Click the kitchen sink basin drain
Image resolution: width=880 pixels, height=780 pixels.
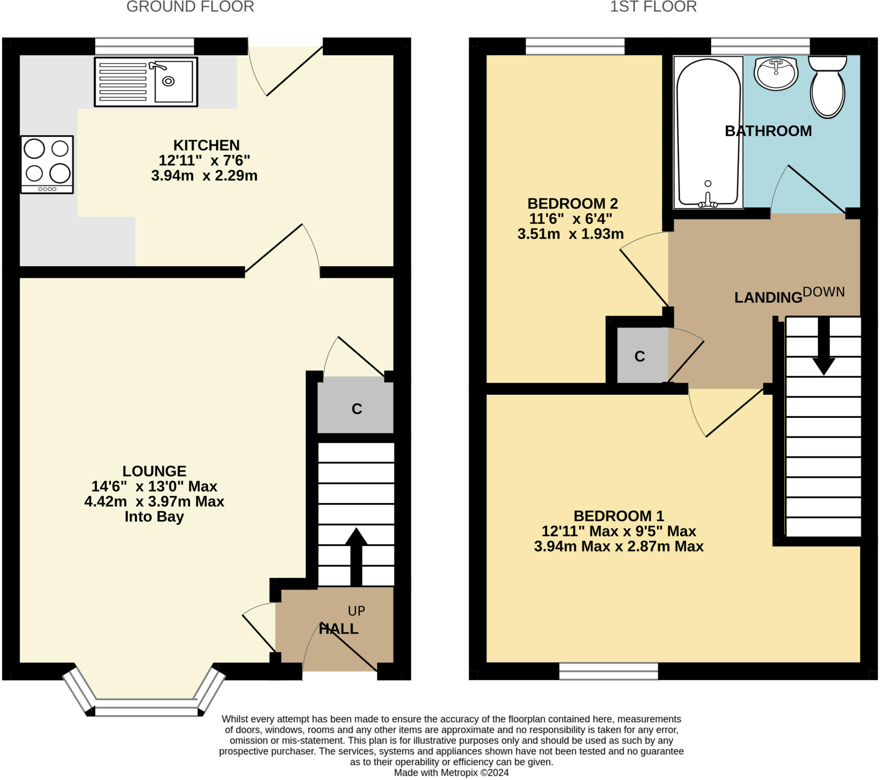[x=168, y=81]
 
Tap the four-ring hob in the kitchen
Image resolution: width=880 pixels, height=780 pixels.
[x=47, y=165]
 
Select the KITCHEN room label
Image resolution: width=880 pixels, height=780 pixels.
[x=206, y=145]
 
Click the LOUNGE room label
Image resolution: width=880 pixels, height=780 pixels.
[x=154, y=471]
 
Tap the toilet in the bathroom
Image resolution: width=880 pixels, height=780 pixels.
[x=828, y=86]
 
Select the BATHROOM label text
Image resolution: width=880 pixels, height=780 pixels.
[x=768, y=131]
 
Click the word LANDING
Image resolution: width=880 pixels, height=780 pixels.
[x=768, y=298]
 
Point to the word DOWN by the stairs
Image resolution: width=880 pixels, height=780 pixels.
[x=824, y=292]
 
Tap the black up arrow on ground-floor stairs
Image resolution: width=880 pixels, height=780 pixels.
[x=356, y=557]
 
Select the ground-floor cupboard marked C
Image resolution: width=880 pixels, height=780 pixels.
[x=356, y=405]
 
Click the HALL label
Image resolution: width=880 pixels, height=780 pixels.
[x=339, y=629]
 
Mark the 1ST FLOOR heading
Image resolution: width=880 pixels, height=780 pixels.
[x=653, y=7]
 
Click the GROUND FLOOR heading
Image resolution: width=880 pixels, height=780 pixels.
[x=190, y=7]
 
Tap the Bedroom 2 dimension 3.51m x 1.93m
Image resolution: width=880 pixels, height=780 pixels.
[x=571, y=234]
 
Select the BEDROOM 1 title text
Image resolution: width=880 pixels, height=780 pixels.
[x=619, y=516]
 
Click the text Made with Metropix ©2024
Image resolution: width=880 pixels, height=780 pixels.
[x=451, y=772]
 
